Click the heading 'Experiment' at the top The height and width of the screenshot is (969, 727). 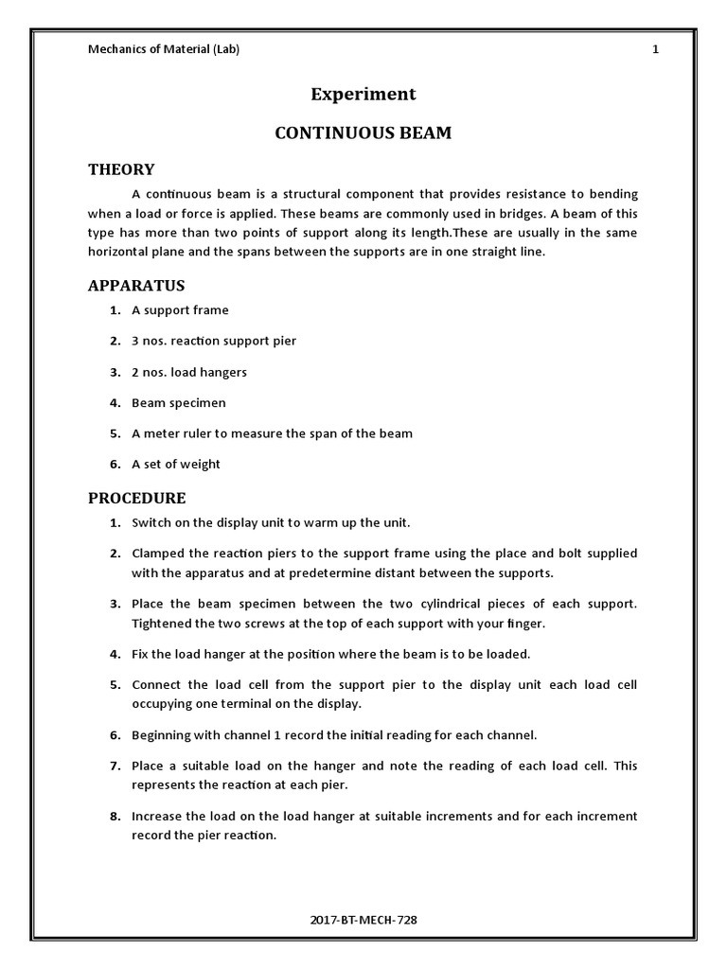(x=363, y=94)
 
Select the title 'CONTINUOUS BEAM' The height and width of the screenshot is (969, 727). (x=363, y=133)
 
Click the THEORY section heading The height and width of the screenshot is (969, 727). (x=121, y=169)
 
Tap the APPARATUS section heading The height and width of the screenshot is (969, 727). (x=136, y=285)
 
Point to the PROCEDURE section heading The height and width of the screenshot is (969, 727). (x=137, y=498)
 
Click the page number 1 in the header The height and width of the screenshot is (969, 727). (x=655, y=49)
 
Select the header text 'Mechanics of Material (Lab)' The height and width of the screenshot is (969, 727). (x=164, y=49)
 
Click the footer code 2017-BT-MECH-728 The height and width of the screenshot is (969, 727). (x=363, y=920)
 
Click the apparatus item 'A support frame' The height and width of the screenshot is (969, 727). (x=180, y=310)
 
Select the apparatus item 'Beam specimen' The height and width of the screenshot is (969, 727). (x=179, y=402)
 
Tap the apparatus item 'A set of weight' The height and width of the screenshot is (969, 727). (x=176, y=464)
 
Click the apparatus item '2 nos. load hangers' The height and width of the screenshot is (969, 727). (x=189, y=372)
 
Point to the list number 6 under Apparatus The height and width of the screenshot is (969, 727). (x=114, y=464)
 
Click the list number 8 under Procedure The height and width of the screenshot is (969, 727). (x=114, y=816)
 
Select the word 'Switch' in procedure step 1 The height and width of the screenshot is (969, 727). (x=150, y=522)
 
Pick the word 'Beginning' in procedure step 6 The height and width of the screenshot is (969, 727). (x=160, y=734)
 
